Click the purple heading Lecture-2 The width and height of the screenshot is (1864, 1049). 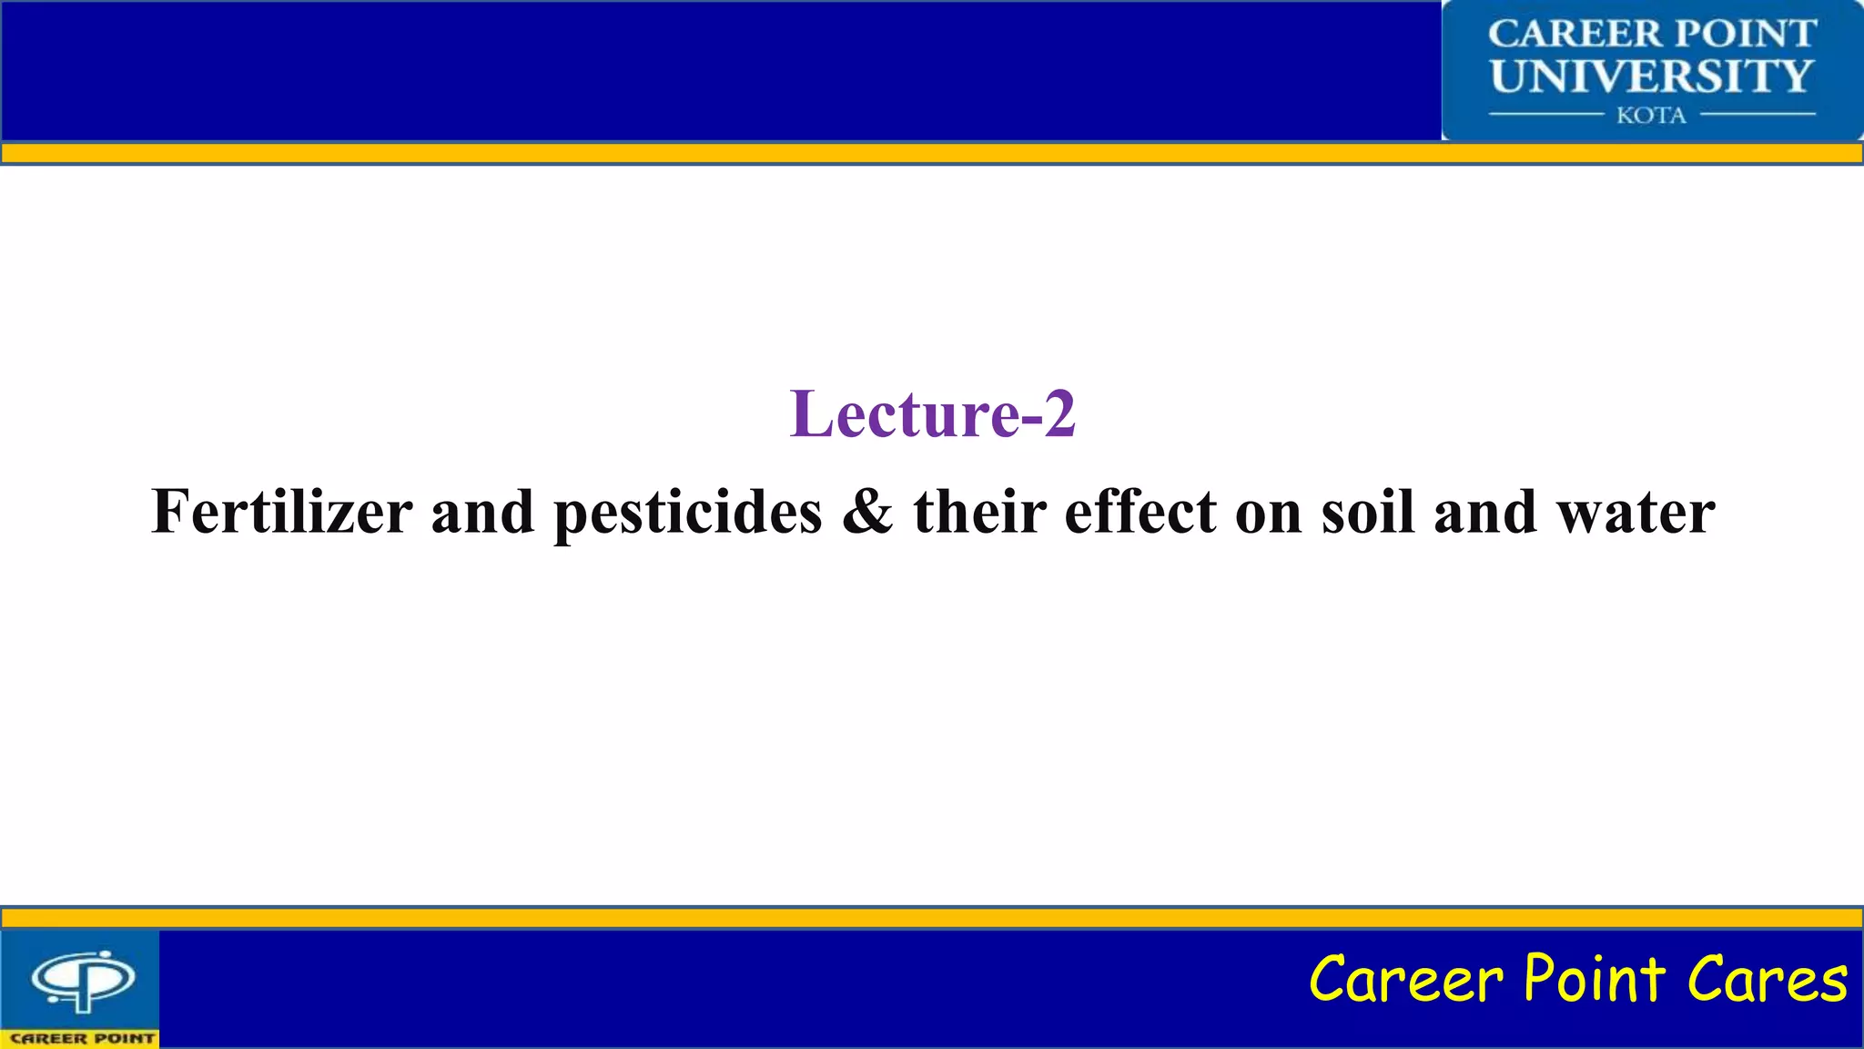(x=932, y=414)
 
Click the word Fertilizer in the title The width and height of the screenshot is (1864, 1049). (x=282, y=512)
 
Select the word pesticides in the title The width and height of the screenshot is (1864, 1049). (x=688, y=514)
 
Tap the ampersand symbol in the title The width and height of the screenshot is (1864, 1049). (x=867, y=512)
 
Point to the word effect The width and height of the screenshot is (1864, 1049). (x=1140, y=512)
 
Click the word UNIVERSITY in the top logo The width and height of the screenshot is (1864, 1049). (x=1651, y=76)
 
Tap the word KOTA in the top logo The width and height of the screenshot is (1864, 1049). (x=1651, y=116)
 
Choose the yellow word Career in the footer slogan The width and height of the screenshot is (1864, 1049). (x=1406, y=980)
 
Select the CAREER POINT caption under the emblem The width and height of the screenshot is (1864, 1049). (x=82, y=1038)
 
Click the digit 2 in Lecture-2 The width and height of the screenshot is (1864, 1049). (x=1059, y=414)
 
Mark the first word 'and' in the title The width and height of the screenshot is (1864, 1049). (x=482, y=512)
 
